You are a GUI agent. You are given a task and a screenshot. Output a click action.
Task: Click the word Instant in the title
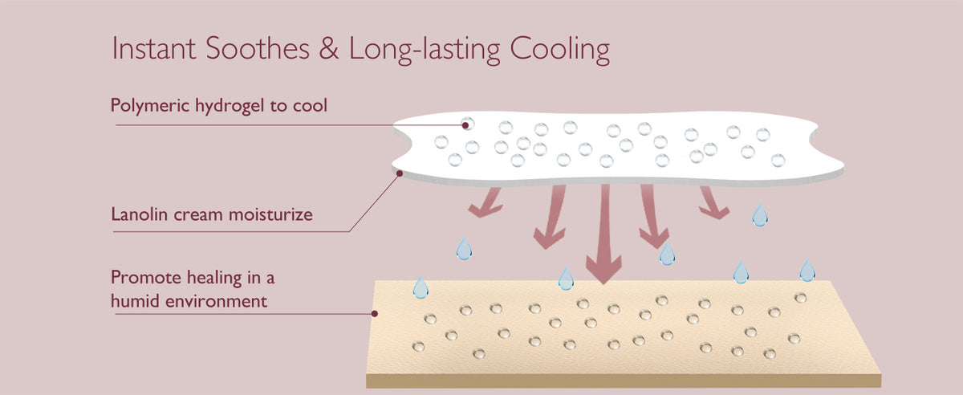click(154, 48)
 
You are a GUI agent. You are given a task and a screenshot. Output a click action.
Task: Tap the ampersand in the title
click(329, 48)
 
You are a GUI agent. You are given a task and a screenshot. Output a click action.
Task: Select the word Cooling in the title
click(560, 50)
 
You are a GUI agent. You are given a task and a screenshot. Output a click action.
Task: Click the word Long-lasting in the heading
click(425, 50)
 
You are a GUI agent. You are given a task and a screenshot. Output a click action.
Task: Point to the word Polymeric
click(150, 106)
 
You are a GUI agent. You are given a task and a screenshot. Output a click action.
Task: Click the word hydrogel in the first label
click(230, 106)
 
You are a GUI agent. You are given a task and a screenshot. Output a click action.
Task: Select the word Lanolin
click(140, 214)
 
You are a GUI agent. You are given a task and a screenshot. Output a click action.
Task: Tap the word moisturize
click(270, 214)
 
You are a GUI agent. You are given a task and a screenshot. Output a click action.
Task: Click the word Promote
click(146, 278)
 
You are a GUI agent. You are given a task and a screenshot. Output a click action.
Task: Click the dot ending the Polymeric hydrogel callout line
click(465, 125)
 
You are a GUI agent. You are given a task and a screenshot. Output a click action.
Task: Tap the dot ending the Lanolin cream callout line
click(400, 173)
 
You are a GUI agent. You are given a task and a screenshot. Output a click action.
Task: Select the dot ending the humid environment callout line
click(375, 314)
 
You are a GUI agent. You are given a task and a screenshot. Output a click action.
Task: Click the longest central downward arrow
click(604, 234)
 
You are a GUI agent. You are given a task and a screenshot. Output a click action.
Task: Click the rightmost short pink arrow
click(713, 202)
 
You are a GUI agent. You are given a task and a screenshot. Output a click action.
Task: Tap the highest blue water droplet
click(760, 215)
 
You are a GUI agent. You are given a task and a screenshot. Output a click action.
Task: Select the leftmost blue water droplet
click(421, 287)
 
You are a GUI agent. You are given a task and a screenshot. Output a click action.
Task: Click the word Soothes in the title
click(258, 48)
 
